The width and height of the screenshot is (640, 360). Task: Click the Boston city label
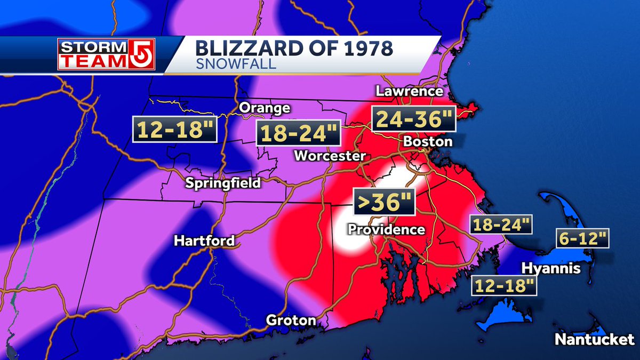pos(428,142)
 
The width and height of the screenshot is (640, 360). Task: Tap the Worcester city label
pos(330,156)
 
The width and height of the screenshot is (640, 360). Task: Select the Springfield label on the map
pos(223,183)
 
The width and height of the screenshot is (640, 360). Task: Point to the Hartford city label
pos(204,241)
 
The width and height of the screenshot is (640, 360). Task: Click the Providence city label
pos(386,229)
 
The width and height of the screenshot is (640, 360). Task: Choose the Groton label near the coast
pos(291,321)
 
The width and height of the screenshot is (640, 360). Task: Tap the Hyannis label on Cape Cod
pos(551,268)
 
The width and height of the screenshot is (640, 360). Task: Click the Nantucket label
pos(594,339)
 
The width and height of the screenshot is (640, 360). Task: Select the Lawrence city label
pos(409,91)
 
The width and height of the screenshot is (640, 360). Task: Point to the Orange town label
pos(265,108)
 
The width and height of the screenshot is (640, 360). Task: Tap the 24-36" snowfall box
pos(414,119)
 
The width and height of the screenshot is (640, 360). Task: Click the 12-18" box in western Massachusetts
pos(175,130)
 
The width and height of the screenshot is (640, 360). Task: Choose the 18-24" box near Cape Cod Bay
pos(501,224)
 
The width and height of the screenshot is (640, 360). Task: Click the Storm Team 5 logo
pos(106,54)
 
